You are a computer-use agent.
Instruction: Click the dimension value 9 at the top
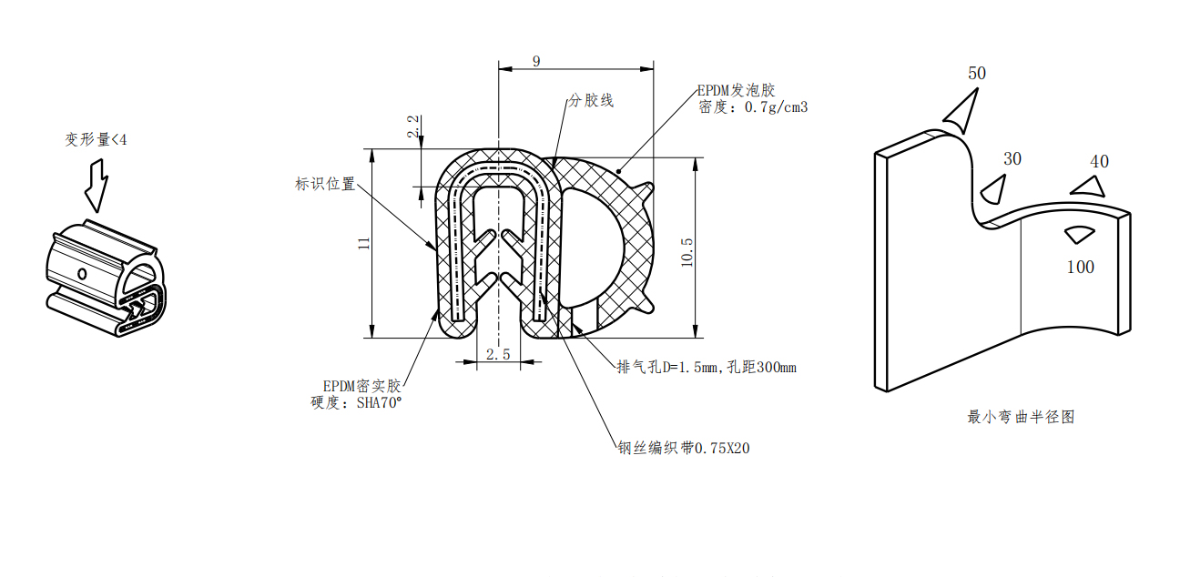click(x=536, y=61)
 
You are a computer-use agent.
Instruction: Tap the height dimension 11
click(x=363, y=243)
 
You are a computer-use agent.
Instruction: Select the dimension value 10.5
click(x=687, y=252)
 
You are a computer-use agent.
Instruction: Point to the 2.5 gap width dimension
click(x=498, y=354)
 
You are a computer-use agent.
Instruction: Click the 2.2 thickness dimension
click(x=413, y=127)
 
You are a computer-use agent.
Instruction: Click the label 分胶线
click(x=591, y=100)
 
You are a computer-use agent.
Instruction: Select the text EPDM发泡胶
click(x=736, y=90)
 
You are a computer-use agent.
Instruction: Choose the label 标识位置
click(x=324, y=184)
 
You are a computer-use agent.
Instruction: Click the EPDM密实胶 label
click(x=361, y=386)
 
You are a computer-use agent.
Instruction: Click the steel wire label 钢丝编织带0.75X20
click(x=684, y=448)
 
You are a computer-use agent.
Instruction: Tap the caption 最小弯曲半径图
click(x=1021, y=417)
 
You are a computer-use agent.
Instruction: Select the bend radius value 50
click(x=976, y=74)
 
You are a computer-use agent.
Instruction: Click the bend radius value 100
click(x=1080, y=267)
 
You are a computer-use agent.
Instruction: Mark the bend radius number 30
click(x=1012, y=158)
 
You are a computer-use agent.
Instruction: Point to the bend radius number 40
click(x=1099, y=161)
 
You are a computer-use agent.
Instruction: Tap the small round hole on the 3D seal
click(x=82, y=273)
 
